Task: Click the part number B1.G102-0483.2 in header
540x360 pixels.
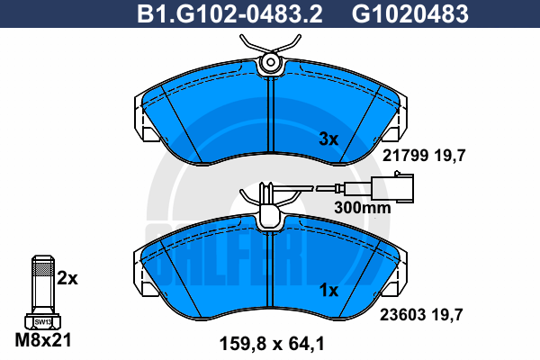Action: pos(229,14)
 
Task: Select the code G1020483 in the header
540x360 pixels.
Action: pos(410,14)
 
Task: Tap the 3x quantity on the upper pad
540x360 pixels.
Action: pos(328,139)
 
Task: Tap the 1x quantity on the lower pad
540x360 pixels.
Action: pos(328,291)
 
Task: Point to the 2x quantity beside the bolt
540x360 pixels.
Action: pos(67,278)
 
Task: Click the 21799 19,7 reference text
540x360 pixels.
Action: pos(424,156)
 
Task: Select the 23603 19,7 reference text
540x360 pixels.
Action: pos(421,314)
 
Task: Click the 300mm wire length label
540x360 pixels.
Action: pos(363,208)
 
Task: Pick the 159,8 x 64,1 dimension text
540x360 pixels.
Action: pos(272,344)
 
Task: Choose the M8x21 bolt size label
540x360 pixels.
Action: pos(43,340)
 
